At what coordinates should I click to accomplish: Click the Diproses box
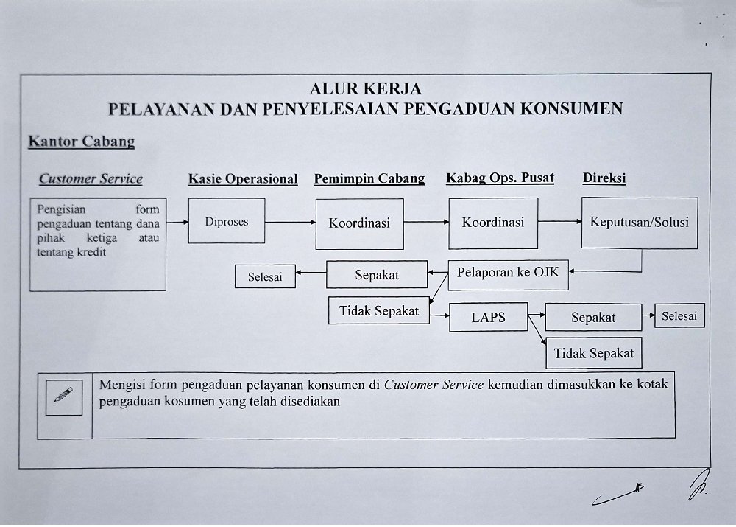coord(227,221)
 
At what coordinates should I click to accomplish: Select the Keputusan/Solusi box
coord(640,222)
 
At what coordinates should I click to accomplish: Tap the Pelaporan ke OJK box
coord(508,273)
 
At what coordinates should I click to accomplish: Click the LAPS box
coord(488,318)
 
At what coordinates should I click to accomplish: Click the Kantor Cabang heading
coord(81,142)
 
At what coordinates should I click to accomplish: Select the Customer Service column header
coord(91,178)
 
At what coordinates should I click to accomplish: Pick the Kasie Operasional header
coord(243,178)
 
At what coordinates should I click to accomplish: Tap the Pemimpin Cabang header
coord(369,178)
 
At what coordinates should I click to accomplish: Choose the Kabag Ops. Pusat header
coord(500,178)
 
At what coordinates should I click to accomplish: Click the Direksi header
coord(604,178)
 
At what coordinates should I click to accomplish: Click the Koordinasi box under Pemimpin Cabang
coord(359,223)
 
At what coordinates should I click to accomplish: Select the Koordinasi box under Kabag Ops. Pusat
coord(492,222)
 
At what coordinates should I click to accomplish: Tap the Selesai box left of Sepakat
coord(265,277)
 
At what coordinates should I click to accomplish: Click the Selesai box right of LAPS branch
coord(679,315)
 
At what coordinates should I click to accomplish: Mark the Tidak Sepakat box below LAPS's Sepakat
coord(594,353)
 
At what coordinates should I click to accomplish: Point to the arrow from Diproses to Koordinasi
coord(290,222)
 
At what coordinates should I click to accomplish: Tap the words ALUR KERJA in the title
coord(366,89)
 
